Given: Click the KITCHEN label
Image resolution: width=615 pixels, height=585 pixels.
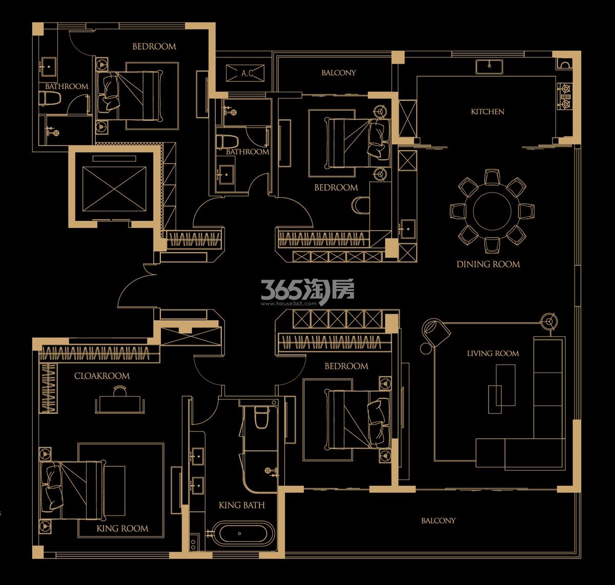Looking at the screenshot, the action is [x=487, y=112].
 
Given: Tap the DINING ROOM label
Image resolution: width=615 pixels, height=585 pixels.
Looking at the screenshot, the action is [x=488, y=264].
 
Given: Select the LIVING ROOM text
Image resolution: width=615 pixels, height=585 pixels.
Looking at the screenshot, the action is [x=493, y=353].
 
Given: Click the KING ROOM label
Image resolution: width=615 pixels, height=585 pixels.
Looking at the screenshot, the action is [x=122, y=529].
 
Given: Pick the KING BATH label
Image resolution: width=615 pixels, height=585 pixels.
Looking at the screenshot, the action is [x=241, y=505].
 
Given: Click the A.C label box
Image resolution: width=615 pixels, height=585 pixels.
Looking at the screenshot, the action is [x=245, y=73].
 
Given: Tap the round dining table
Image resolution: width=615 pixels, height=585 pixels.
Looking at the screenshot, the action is [x=492, y=212].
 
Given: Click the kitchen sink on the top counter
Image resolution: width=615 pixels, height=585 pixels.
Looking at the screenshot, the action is [x=489, y=67].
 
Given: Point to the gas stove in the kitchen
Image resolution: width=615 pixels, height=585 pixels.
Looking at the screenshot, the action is [x=565, y=96].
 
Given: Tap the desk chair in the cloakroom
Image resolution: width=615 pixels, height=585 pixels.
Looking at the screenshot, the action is [x=120, y=391].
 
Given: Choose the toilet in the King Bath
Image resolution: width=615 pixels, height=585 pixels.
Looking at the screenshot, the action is [x=262, y=417].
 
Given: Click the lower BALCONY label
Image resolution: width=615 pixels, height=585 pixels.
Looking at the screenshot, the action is [x=438, y=520].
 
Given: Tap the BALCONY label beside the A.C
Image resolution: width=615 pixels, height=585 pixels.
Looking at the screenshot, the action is [x=338, y=73].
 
